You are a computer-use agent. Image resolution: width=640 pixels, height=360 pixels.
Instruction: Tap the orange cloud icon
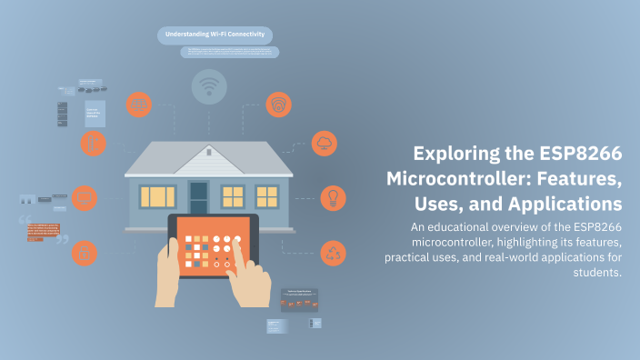(325, 144)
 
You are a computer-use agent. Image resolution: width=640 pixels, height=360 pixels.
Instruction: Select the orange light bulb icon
(332, 197)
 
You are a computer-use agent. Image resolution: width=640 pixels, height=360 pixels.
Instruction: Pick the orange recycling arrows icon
(333, 252)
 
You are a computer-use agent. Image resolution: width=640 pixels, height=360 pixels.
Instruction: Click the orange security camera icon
(279, 105)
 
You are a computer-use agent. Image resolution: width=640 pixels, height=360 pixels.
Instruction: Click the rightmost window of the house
(267, 195)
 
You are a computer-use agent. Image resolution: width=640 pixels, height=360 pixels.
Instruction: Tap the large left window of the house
(157, 195)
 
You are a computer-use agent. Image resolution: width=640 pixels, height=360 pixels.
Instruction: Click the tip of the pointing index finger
(238, 240)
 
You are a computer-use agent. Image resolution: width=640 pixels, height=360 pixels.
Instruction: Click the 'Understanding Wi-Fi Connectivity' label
(214, 35)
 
